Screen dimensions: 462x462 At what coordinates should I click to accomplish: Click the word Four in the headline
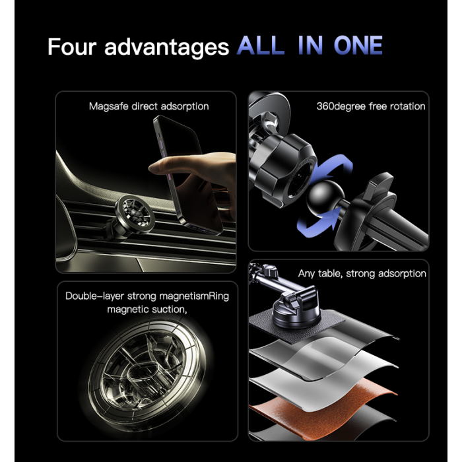(72, 47)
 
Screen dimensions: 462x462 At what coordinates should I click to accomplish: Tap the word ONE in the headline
(358, 45)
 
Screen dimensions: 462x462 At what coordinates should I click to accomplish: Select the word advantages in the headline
(166, 47)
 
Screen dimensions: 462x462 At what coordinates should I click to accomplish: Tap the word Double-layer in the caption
(94, 296)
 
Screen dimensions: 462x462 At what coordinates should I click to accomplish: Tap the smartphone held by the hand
(187, 174)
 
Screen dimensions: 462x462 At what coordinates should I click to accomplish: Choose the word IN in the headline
(311, 45)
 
